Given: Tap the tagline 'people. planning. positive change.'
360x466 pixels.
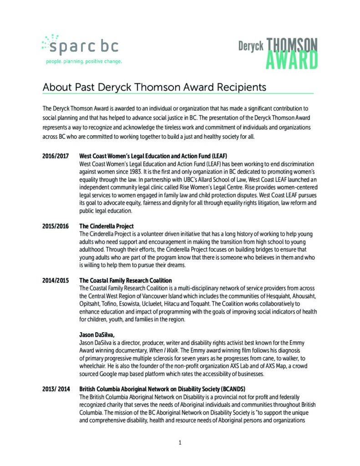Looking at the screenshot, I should (x=84, y=61).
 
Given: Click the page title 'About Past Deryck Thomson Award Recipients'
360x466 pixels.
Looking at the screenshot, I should (x=154, y=86).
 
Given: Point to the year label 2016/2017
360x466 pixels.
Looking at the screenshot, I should (x=56, y=156).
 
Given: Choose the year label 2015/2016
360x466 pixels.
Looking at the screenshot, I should (x=56, y=226).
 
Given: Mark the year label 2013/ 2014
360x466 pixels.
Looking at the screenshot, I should (x=56, y=390).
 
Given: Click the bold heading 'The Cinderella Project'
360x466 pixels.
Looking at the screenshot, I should (x=106, y=226).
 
